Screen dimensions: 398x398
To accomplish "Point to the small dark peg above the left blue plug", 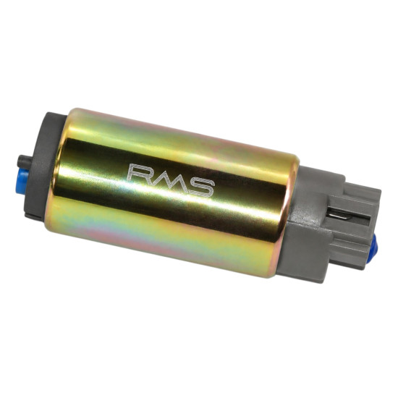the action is (x=25, y=161).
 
